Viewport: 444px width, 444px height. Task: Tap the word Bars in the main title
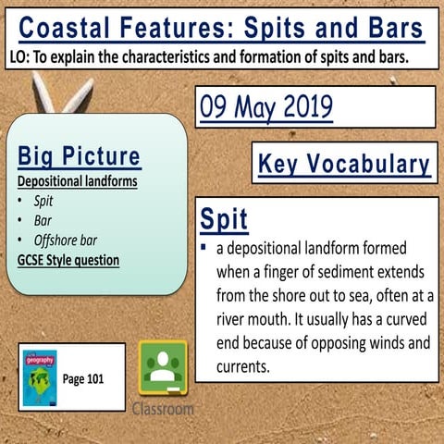[390, 22]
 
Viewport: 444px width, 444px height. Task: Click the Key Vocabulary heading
[343, 164]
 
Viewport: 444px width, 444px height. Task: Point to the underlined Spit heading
[223, 220]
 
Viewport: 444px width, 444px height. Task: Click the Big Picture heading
[79, 155]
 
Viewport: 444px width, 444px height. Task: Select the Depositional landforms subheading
[78, 181]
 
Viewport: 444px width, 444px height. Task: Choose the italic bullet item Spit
[43, 201]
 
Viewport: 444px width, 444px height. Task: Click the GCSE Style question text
[68, 260]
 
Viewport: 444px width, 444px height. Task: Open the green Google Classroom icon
[162, 368]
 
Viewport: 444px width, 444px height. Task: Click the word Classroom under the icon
[163, 408]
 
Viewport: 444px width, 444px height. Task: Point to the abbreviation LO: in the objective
[18, 57]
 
